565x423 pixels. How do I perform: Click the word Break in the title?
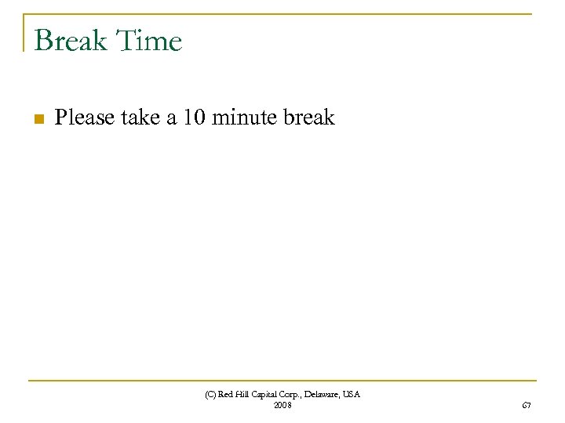coord(70,40)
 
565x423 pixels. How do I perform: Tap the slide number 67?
coord(527,405)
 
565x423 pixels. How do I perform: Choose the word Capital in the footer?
coord(268,395)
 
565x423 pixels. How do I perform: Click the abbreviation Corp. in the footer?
coord(295,395)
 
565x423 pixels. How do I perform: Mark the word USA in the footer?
coord(352,395)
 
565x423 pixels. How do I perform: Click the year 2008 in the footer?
coord(282,405)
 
